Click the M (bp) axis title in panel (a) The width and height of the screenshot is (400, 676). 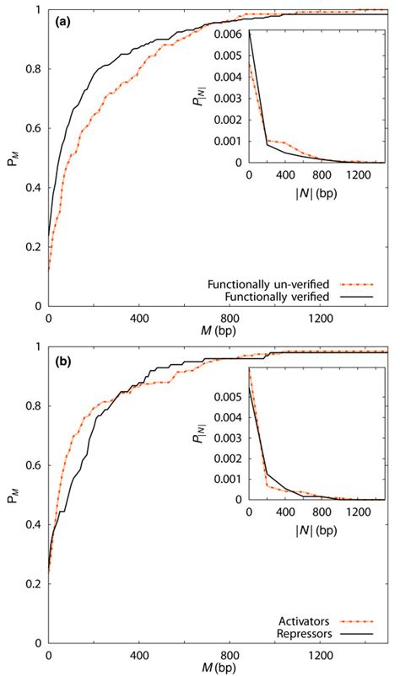click(x=219, y=330)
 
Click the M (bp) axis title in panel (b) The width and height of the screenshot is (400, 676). click(x=219, y=666)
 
